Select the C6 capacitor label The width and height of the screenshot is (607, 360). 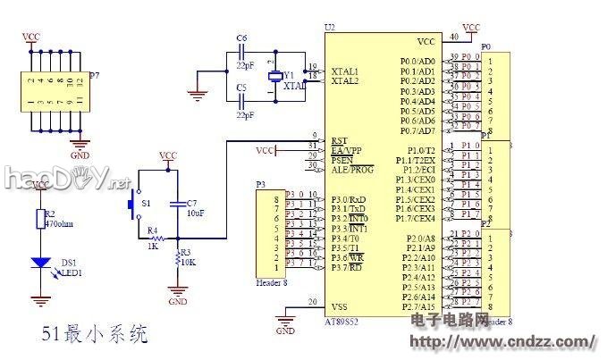point(241,38)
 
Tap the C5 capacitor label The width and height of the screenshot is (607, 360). point(241,88)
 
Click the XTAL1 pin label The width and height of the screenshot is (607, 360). point(345,70)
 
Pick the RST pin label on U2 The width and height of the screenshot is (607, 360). point(339,140)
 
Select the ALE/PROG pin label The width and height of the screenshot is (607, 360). point(352,169)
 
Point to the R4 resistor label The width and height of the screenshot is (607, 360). point(153,231)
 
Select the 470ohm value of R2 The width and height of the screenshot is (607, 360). point(59,224)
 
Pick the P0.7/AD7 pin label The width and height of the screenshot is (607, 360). point(417,131)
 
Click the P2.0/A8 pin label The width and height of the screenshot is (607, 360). point(420,238)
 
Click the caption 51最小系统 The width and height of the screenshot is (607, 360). point(95,336)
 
